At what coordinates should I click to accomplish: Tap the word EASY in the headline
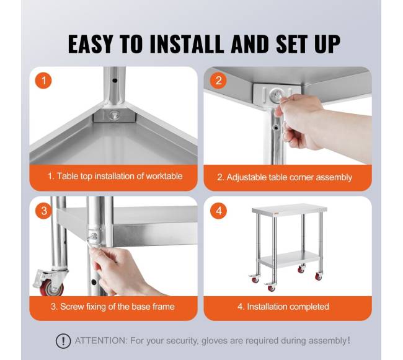[x=91, y=43]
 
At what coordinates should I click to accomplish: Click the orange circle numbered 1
[x=43, y=81]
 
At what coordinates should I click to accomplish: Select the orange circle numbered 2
[x=218, y=81]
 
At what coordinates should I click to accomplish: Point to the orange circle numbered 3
[x=43, y=211]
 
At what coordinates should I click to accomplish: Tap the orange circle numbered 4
[x=218, y=211]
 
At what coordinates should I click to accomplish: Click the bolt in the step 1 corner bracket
[x=114, y=115]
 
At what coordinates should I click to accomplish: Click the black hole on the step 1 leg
[x=115, y=81]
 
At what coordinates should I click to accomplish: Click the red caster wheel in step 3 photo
[x=51, y=288]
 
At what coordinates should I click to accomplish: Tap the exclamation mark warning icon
[x=63, y=341]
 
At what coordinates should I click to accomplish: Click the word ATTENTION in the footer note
[x=100, y=341]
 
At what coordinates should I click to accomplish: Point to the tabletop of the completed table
[x=290, y=210]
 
